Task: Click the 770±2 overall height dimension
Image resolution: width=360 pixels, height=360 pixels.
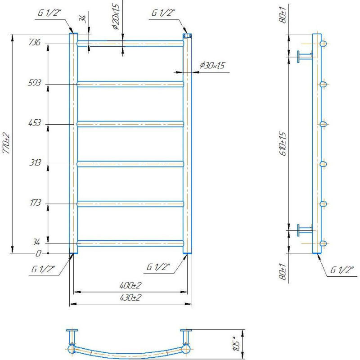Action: [x=6, y=143]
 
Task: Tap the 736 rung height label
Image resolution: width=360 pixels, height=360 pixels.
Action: [x=35, y=42]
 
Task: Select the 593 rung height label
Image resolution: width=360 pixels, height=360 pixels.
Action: [x=35, y=83]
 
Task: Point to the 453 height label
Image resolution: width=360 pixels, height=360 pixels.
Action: [x=35, y=123]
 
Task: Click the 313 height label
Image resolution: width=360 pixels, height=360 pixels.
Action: [x=35, y=163]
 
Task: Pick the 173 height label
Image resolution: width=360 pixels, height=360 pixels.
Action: [x=36, y=203]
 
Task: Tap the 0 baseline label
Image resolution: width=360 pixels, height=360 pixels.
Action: [x=38, y=253]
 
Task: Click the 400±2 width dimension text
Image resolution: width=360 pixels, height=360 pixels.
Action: [x=130, y=285]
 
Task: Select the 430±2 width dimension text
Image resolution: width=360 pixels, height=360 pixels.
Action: [x=130, y=297]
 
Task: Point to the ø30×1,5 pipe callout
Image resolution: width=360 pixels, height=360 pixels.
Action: [x=212, y=65]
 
